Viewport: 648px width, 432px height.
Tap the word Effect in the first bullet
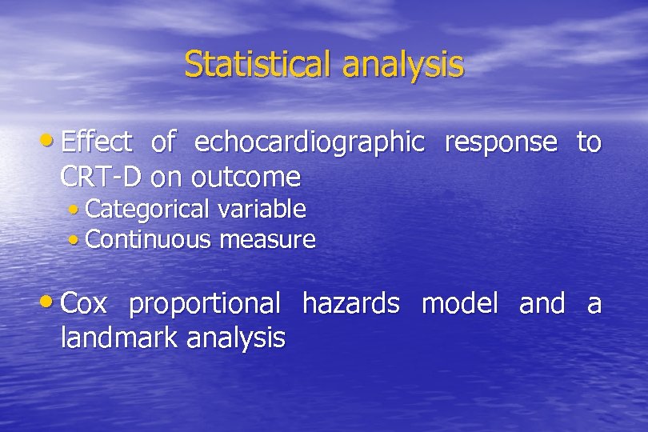[96, 142]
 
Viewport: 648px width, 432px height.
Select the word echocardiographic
[310, 143]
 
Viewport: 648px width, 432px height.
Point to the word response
[500, 143]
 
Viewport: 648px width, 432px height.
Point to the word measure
[267, 239]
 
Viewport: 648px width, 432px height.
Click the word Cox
[85, 304]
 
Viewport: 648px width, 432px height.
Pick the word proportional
[204, 305]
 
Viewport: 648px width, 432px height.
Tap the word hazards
[350, 304]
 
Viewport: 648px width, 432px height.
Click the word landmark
[120, 338]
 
